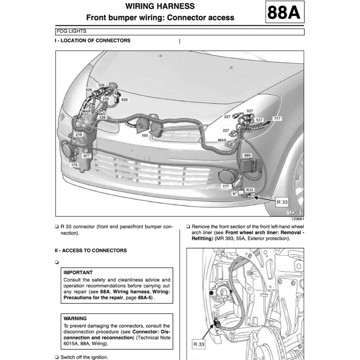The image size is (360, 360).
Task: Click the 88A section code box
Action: (284, 12)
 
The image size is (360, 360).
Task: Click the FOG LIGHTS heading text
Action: (71, 31)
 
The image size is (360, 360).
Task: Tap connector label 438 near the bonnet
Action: (124, 100)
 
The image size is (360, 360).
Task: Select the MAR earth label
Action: (86, 111)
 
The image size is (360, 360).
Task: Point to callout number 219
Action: (79, 135)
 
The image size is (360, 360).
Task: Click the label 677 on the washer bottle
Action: (86, 155)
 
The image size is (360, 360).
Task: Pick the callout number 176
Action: (74, 165)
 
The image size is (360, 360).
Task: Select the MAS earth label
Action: (222, 140)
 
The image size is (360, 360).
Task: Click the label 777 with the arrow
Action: (277, 119)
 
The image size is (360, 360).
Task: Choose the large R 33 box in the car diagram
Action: (282, 202)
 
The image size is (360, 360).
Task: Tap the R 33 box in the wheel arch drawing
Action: (199, 344)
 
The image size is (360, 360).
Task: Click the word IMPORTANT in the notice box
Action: (78, 272)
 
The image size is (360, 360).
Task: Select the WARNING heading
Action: (75, 319)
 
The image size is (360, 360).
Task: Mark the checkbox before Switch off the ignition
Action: (57, 357)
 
